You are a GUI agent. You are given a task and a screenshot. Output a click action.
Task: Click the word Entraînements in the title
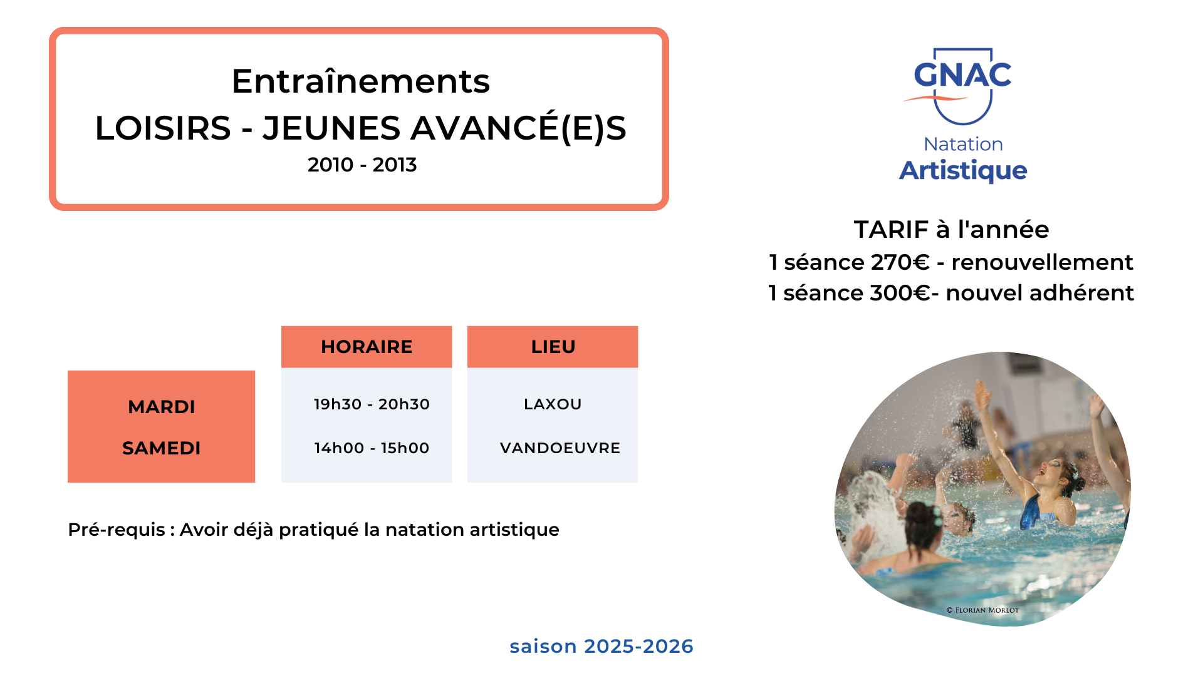point(361,81)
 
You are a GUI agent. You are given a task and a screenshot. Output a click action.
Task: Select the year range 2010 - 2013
point(362,165)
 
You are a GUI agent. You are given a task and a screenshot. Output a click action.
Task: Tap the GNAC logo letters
point(962,75)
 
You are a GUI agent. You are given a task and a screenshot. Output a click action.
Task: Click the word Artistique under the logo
point(963,171)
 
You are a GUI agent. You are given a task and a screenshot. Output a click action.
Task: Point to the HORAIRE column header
point(367,347)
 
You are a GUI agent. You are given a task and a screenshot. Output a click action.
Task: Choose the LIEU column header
point(553,347)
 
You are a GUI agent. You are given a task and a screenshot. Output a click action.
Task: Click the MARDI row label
point(162,407)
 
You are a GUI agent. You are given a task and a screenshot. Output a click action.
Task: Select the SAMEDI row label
point(162,448)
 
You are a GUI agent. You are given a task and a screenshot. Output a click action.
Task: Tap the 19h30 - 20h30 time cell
point(372,404)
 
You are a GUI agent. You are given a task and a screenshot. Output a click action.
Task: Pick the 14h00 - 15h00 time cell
point(372,448)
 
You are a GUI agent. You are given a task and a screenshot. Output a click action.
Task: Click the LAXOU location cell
point(553,404)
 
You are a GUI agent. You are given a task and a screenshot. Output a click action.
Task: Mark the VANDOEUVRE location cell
point(560,448)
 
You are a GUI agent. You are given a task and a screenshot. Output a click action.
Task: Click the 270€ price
point(900,262)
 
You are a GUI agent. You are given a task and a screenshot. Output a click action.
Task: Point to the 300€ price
point(899,293)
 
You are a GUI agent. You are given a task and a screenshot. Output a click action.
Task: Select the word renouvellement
point(1042,262)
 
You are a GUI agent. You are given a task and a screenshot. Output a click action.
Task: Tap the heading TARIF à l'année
point(951,230)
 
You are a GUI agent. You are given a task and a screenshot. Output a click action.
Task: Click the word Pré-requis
point(117,530)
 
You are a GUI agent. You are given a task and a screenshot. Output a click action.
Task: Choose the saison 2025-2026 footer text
point(601,646)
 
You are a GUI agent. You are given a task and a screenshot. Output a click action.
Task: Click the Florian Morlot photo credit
point(982,610)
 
